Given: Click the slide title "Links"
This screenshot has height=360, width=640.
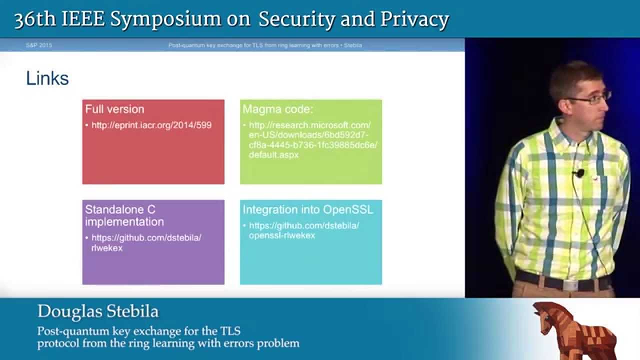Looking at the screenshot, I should click(x=47, y=78).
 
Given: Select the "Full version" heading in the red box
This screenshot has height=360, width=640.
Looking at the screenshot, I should click(x=114, y=109).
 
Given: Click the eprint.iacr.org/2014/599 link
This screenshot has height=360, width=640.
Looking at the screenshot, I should click(x=151, y=125).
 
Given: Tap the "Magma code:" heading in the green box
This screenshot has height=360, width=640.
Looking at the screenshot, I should click(x=278, y=109).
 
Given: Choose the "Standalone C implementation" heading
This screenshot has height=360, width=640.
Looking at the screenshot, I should click(x=124, y=215).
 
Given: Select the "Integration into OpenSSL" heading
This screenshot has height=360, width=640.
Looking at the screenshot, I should click(x=307, y=209).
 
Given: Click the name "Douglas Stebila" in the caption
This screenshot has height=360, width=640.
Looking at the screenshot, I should click(x=98, y=311).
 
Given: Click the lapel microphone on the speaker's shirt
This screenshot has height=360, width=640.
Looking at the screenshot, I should click(x=579, y=173).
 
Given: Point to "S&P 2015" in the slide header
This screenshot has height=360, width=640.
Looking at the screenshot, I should click(x=38, y=45).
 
